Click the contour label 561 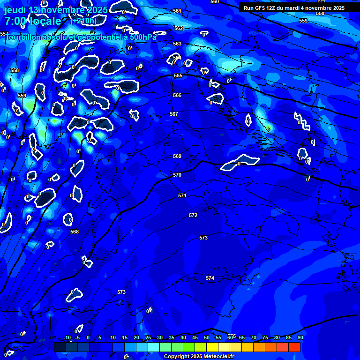click(177, 11)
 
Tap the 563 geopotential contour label click(177, 44)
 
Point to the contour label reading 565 click(178, 75)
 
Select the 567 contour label click(174, 114)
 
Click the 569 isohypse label click(177, 156)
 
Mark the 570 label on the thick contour click(177, 175)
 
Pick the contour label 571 click(182, 195)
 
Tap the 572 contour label click(193, 215)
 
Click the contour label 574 click(210, 278)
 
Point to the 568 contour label click(75, 232)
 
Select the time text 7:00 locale click(33, 22)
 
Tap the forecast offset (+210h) click(84, 21)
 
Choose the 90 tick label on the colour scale click(300, 337)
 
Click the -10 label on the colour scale click(67, 337)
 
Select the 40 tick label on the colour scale click(183, 337)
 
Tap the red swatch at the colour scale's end click(294, 347)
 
